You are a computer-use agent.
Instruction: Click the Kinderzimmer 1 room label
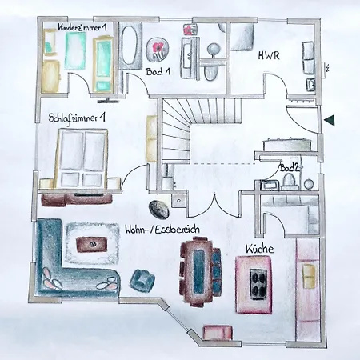[x=82, y=27]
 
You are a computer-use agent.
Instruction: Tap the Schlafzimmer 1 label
[x=77, y=118]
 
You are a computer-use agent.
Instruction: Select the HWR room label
[x=269, y=56]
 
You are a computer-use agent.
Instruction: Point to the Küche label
[x=260, y=249]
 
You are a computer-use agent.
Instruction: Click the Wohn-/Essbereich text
[x=162, y=230]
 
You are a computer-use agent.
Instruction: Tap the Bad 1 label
[x=158, y=71]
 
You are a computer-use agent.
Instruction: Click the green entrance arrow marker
[x=329, y=120]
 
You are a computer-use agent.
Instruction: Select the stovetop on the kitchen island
[x=258, y=283]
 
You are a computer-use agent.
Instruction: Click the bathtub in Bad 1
[x=130, y=45]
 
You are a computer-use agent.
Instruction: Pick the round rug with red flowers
[x=158, y=50]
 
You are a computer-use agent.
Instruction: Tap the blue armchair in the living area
[x=142, y=280]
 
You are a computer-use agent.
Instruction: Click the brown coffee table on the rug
[x=92, y=245]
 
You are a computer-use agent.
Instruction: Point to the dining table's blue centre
[x=198, y=271]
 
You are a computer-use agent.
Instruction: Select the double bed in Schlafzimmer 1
[x=81, y=158]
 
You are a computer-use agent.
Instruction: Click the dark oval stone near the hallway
[x=158, y=209]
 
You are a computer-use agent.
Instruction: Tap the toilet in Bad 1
[x=210, y=73]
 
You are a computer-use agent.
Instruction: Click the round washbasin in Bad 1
[x=214, y=50]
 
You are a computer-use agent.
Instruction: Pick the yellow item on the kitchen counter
[x=309, y=276]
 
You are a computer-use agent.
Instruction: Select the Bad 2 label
[x=289, y=168]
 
